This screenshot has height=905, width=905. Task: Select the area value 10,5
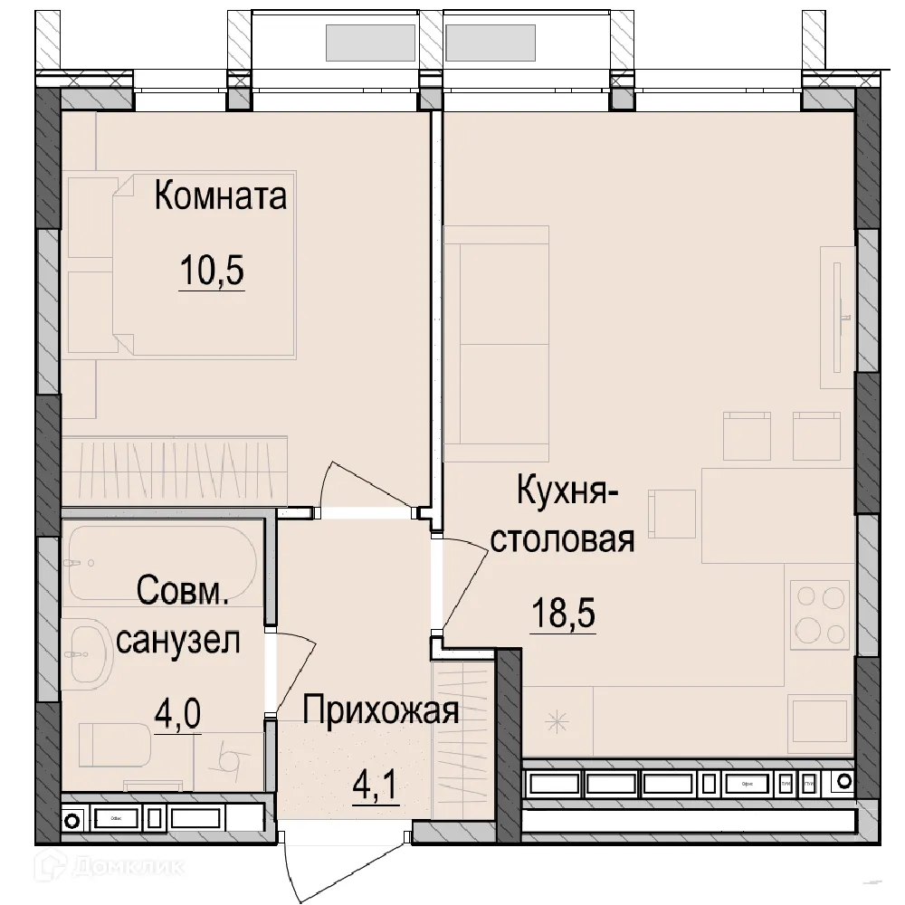point(212,271)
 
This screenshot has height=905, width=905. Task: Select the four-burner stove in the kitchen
point(819,613)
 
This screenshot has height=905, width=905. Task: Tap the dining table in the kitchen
point(778,507)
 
